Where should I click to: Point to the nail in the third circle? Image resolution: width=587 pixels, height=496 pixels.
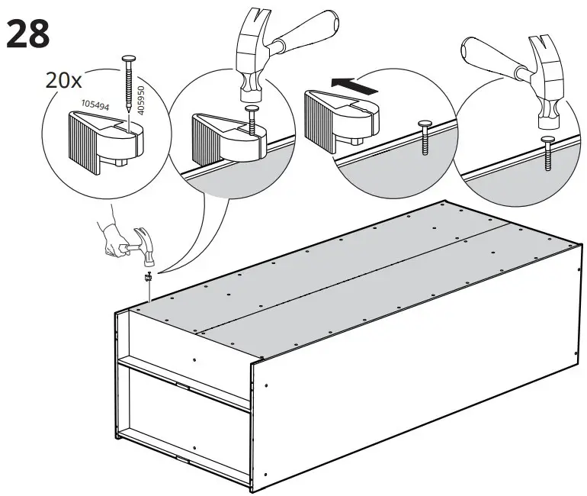(x=424, y=137)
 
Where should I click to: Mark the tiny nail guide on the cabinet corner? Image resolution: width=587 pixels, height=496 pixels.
(x=148, y=279)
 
